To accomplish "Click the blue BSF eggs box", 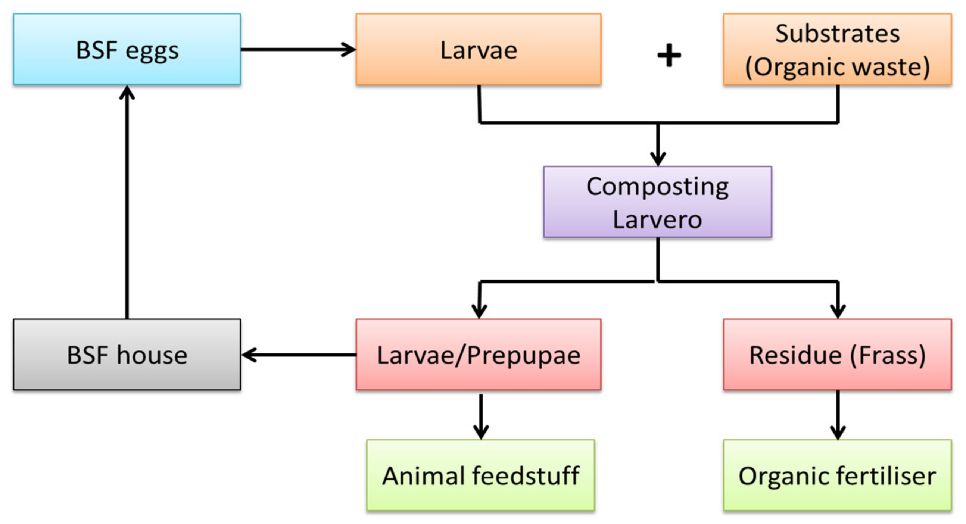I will (x=127, y=49).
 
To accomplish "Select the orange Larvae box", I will (x=478, y=49).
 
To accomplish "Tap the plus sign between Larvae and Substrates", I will (x=669, y=56).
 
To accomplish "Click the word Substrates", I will (x=837, y=34).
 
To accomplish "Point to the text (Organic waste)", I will (x=837, y=67).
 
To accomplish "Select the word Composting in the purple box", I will (x=657, y=186).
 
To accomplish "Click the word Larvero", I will (x=657, y=219).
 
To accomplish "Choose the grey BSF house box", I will (x=127, y=355).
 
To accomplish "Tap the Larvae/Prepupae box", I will (x=478, y=355).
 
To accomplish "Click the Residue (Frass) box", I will (x=837, y=355).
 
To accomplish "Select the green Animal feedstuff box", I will (x=480, y=475).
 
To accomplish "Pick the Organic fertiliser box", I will (x=837, y=475).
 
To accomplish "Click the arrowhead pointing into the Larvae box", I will (x=349, y=49).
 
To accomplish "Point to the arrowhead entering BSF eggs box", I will (x=127, y=92).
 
